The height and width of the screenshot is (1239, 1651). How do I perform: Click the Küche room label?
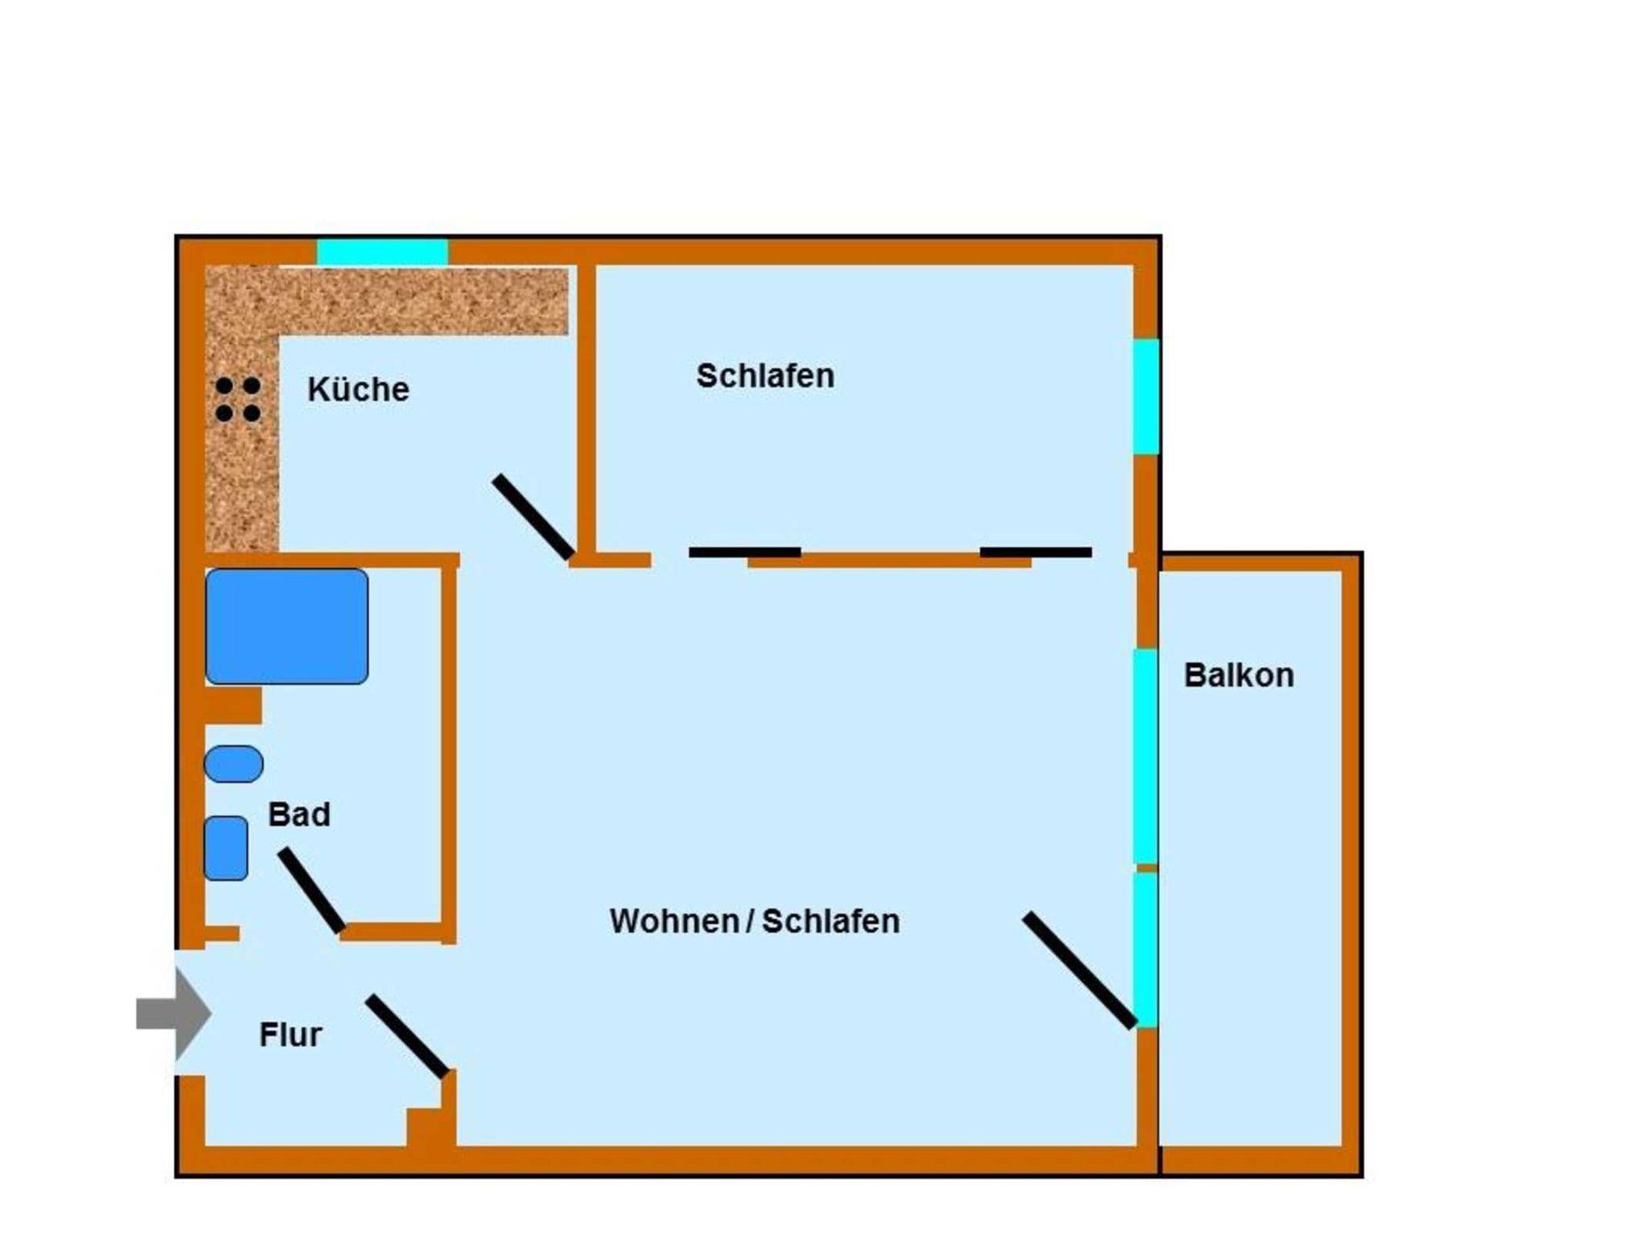358,390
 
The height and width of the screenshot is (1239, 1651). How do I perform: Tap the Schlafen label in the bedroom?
765,376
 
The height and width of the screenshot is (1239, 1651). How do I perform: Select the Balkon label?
1239,675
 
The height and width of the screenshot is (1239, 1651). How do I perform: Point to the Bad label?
299,814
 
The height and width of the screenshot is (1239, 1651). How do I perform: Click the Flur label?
290,1034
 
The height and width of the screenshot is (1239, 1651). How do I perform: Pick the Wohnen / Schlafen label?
755,921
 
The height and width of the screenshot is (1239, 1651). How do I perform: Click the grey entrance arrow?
173,1013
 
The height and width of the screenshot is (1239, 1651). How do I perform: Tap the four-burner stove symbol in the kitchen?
238,400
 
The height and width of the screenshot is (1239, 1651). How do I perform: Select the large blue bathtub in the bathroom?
287,627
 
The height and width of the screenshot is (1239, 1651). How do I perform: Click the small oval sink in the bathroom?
234,764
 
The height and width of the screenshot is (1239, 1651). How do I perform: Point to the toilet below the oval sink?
226,848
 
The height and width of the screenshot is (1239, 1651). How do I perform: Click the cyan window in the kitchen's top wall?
382,252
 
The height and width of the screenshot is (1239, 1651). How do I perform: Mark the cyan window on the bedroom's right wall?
1146,396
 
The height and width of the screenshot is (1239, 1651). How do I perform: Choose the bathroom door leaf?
312,891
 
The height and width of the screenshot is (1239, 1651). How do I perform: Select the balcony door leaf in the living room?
1080,971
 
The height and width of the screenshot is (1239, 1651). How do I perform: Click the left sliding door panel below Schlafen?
745,553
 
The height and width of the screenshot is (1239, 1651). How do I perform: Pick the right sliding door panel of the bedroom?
1036,553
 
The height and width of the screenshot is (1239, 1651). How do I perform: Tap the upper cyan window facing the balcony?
1146,756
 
